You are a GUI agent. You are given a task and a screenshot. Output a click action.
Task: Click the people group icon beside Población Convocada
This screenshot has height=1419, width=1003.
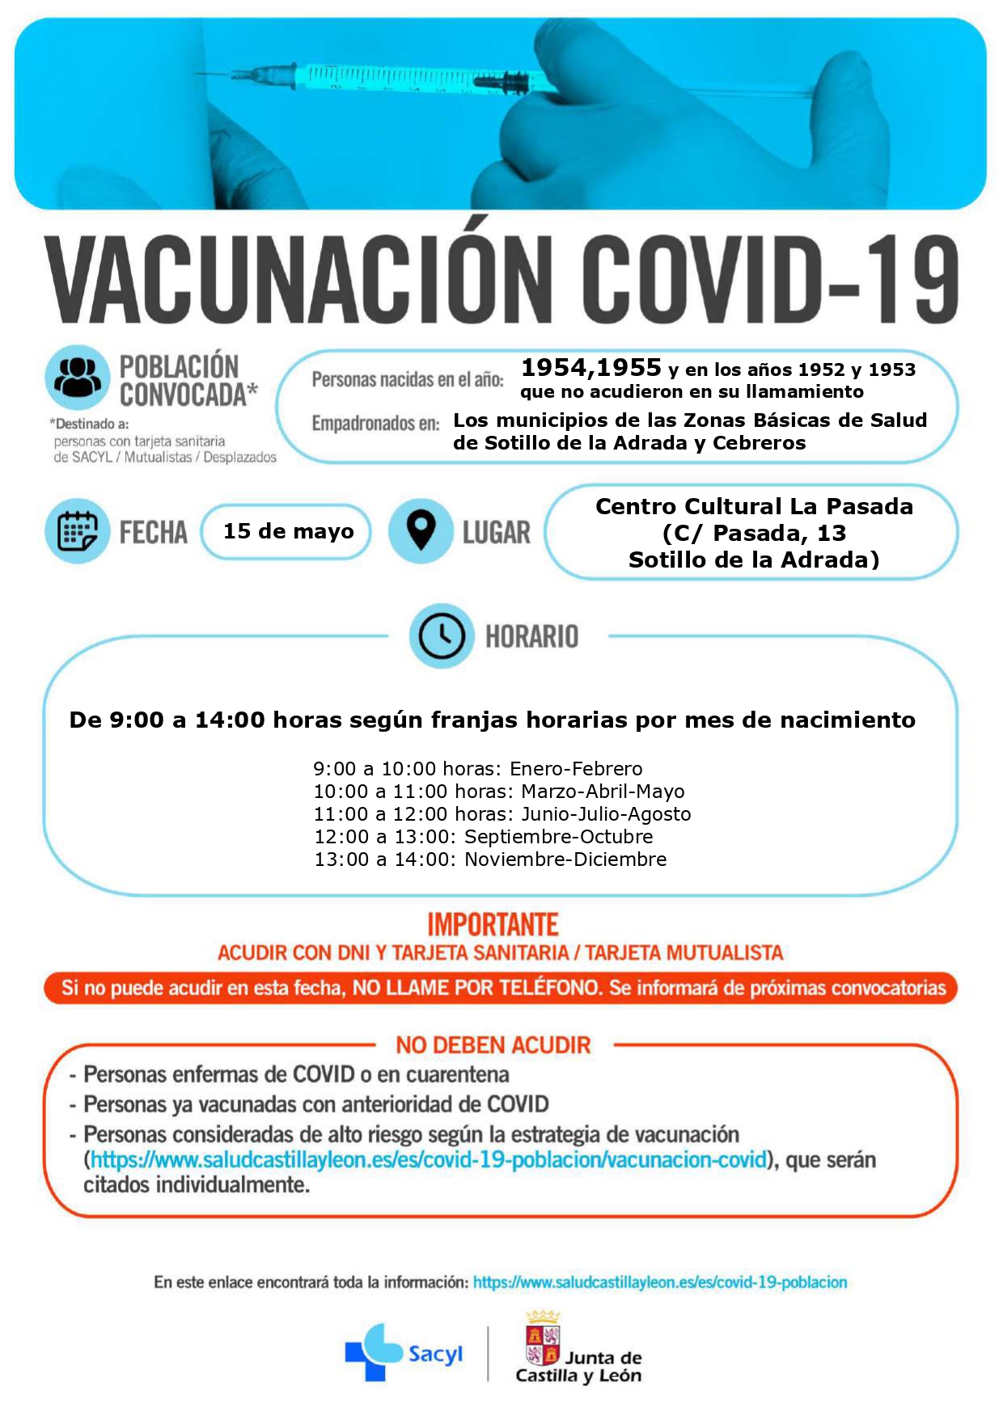[78, 377]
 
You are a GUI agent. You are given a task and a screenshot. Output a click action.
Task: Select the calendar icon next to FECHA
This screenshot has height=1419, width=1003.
[78, 531]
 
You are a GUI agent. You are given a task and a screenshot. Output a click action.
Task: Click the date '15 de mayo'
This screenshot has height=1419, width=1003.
[288, 531]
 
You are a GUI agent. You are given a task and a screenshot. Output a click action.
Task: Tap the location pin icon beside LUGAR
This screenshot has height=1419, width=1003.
[421, 530]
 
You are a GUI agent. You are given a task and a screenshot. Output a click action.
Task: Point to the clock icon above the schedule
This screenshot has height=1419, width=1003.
[441, 636]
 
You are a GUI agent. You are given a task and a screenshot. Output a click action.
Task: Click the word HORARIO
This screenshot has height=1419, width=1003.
[531, 637]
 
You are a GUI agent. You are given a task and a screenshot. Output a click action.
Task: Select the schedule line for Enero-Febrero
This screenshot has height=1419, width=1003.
[478, 769]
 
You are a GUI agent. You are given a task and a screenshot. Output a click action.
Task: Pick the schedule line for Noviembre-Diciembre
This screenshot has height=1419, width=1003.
[490, 859]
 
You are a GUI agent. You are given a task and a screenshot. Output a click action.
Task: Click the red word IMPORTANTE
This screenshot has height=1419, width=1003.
[493, 924]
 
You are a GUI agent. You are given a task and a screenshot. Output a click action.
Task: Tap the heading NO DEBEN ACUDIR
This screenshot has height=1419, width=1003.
[493, 1045]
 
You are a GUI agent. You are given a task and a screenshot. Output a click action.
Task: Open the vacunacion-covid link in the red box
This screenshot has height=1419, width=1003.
[429, 1159]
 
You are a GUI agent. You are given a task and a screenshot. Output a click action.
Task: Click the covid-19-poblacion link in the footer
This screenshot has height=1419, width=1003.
[660, 1282]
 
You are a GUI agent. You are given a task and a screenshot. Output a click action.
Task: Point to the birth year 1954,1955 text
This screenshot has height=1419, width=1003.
[591, 368]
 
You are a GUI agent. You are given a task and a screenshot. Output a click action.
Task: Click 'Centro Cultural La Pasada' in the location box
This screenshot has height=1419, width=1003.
[754, 506]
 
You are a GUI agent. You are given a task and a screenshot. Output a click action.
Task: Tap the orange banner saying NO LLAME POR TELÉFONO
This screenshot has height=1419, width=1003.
[501, 988]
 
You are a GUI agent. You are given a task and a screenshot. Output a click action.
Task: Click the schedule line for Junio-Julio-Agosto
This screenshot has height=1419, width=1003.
[502, 814]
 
